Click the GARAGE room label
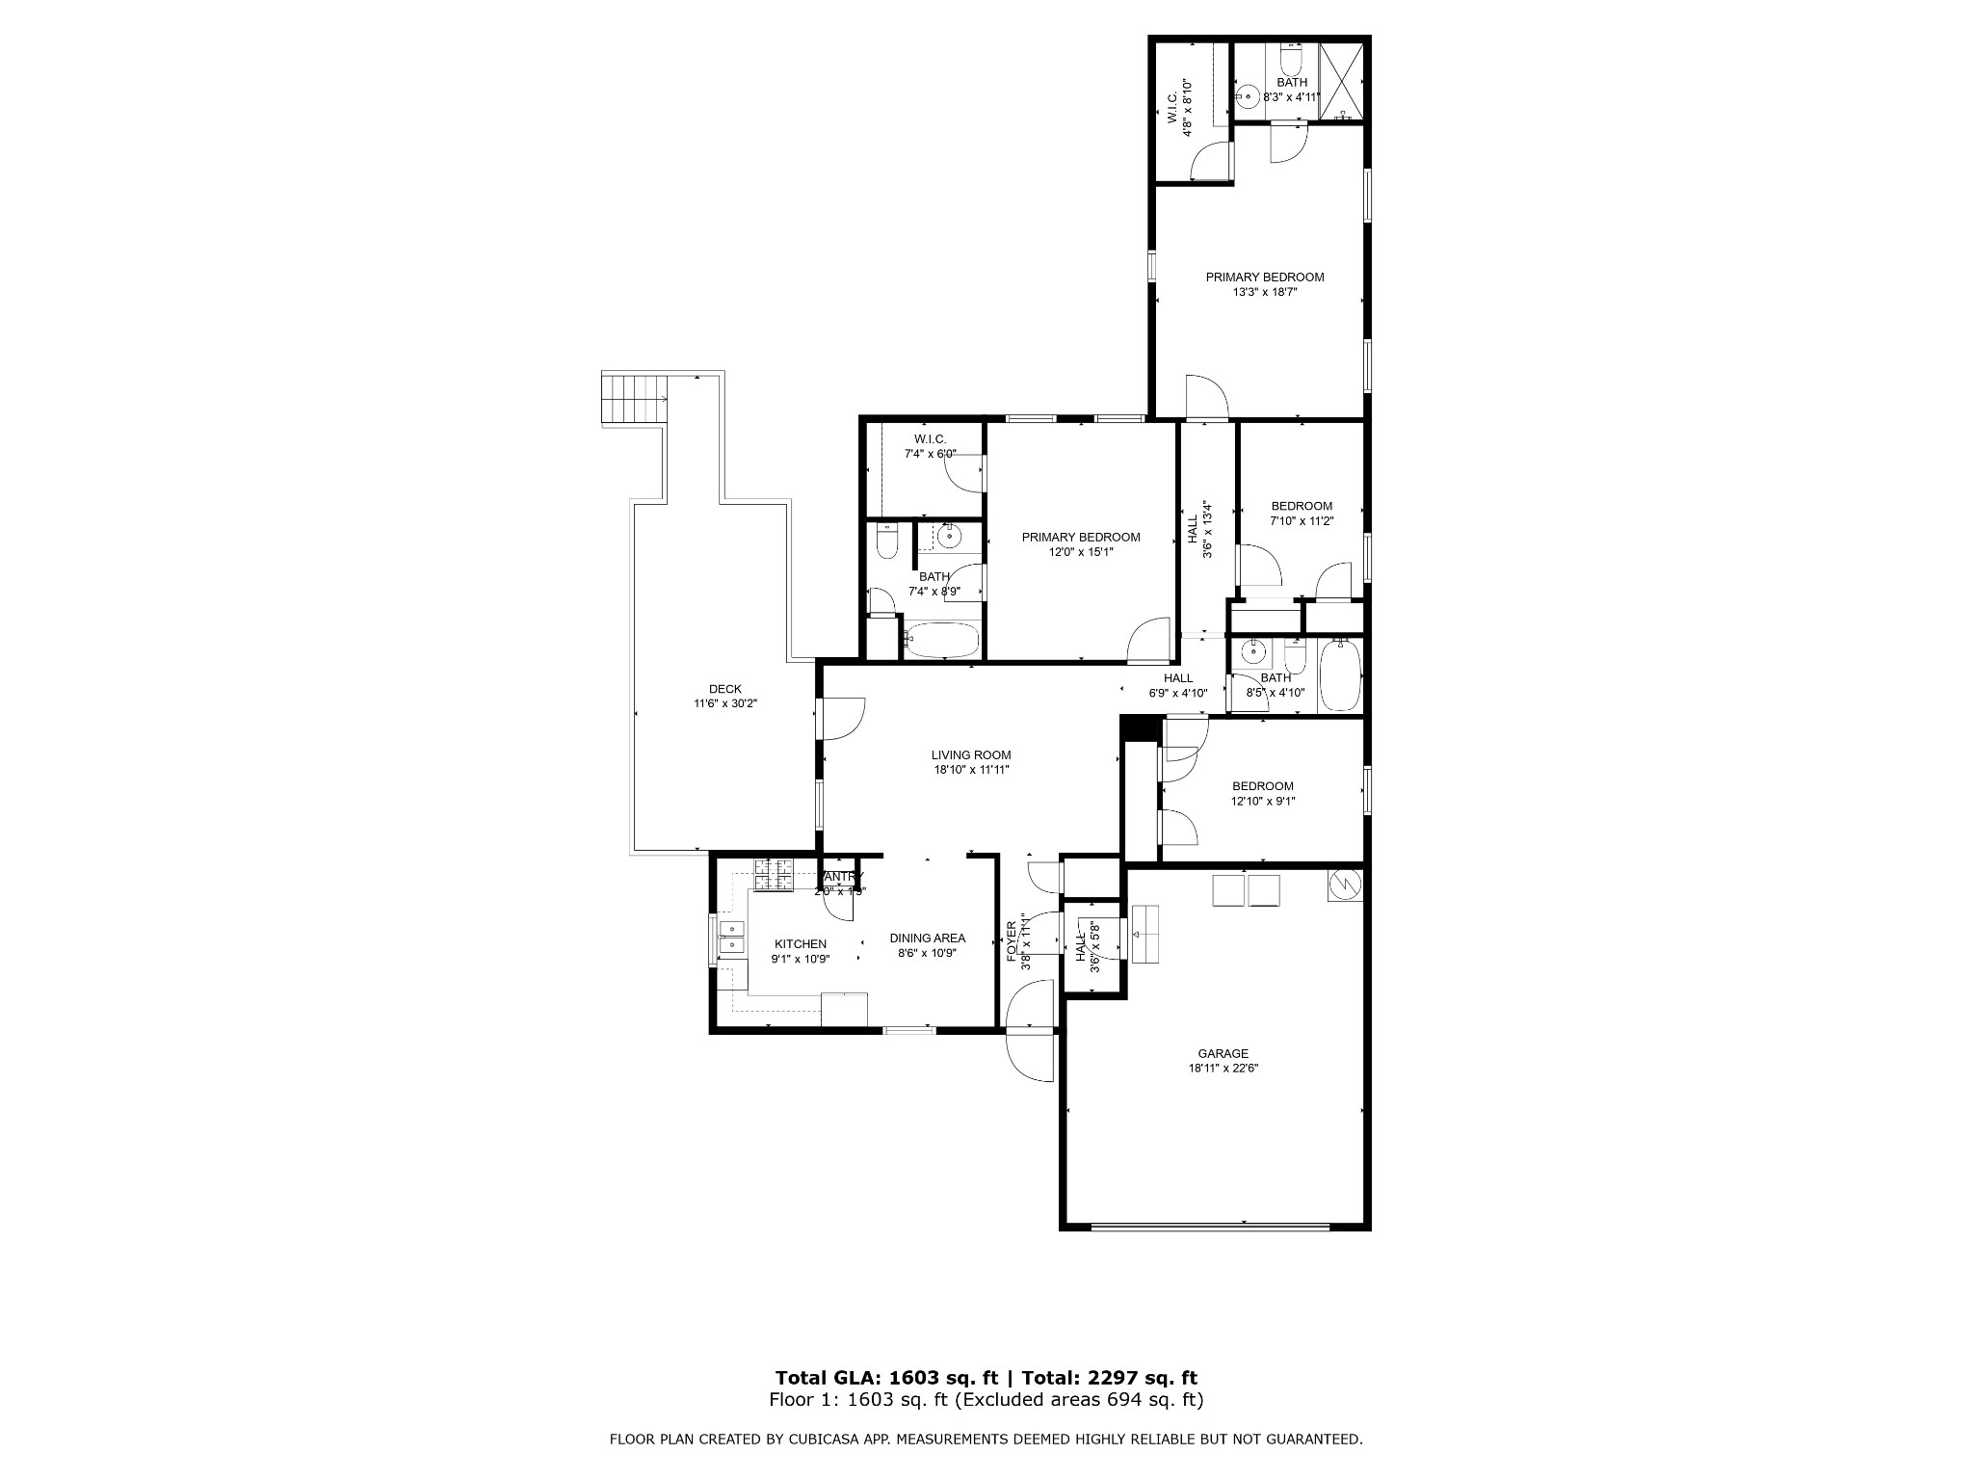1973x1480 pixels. [1223, 1053]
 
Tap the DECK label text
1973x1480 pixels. [725, 688]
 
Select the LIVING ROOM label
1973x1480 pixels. [970, 754]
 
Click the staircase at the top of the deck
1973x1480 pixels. [634, 398]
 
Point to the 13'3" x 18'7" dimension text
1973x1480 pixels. [1265, 292]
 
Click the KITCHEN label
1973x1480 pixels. [801, 943]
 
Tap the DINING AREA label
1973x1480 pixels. [927, 938]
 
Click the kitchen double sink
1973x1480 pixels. [732, 938]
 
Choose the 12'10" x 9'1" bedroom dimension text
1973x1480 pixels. [1262, 801]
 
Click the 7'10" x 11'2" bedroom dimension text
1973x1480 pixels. [1302, 521]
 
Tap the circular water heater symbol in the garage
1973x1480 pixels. [1344, 884]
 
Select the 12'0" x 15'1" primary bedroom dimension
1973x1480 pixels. [1081, 552]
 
